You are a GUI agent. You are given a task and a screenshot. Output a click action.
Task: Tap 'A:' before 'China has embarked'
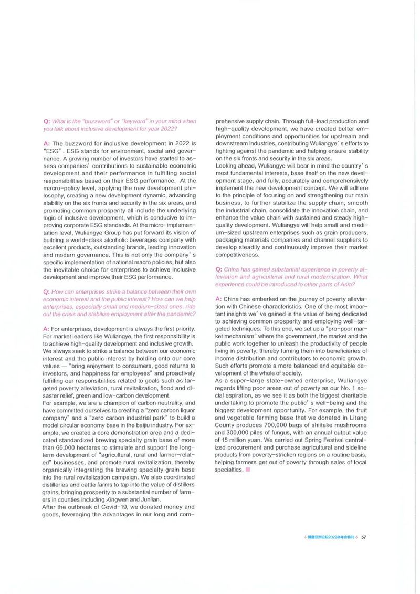[x=219, y=298]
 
